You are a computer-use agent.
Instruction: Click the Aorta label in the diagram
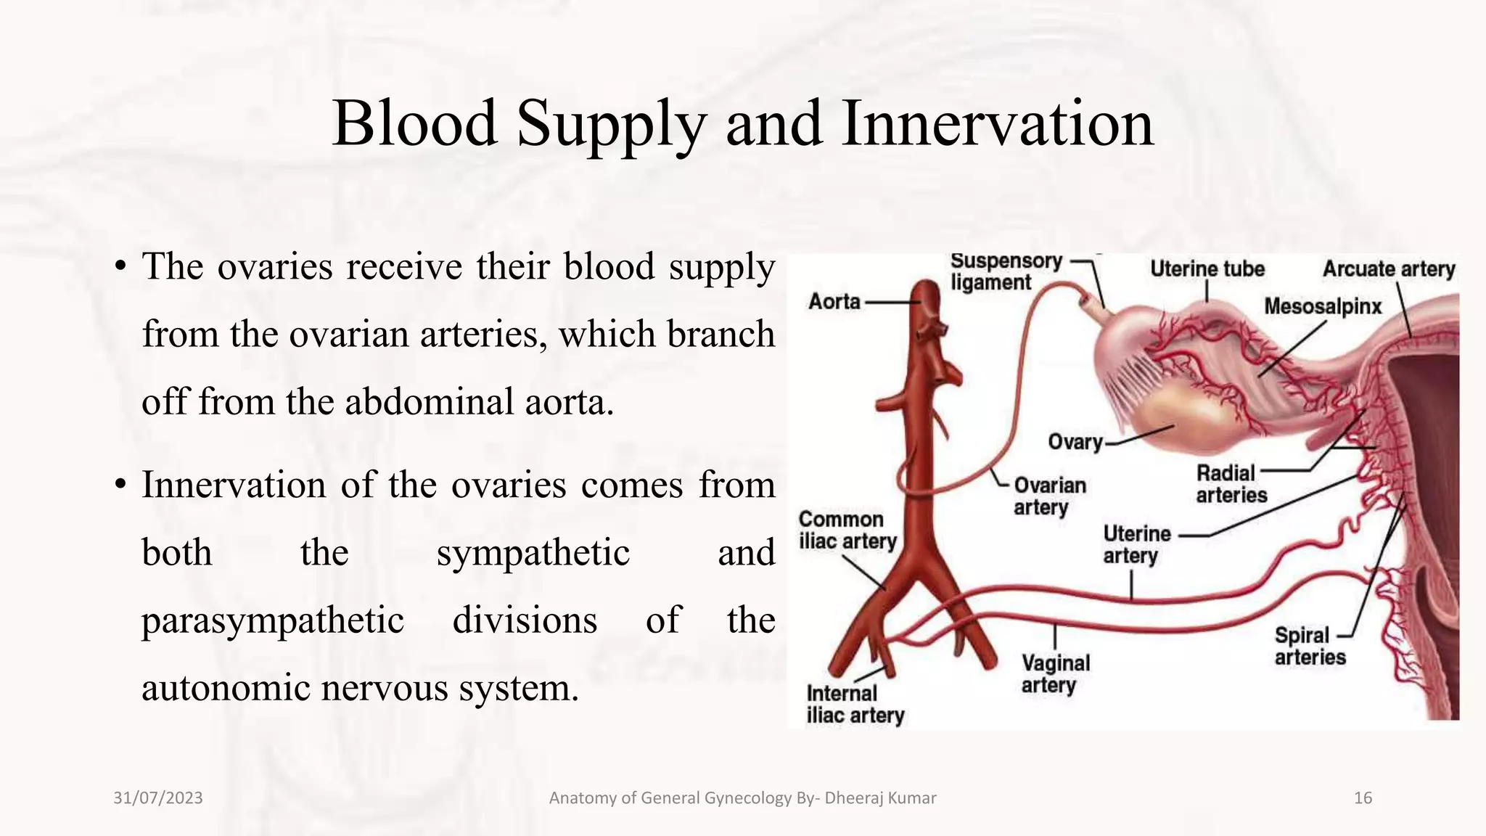tap(834, 301)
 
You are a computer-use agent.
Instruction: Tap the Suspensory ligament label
tap(1005, 271)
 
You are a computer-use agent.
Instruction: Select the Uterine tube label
tap(1207, 269)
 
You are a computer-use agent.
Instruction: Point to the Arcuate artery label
tap(1388, 269)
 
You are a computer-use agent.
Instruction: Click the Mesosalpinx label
tap(1323, 307)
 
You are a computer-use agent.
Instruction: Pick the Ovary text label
tap(1075, 441)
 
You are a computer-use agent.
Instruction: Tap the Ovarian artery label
tap(1049, 496)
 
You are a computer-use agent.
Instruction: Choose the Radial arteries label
tap(1231, 484)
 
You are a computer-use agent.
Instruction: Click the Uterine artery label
tap(1136, 544)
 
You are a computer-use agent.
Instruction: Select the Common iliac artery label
tap(847, 530)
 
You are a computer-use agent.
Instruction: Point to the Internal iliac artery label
tap(855, 704)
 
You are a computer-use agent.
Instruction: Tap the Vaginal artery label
tap(1055, 673)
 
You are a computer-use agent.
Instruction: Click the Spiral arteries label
tap(1310, 646)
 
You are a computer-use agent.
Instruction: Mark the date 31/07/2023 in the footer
tap(158, 798)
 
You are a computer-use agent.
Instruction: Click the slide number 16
tap(1363, 798)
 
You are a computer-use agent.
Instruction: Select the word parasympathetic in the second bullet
tap(272, 621)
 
